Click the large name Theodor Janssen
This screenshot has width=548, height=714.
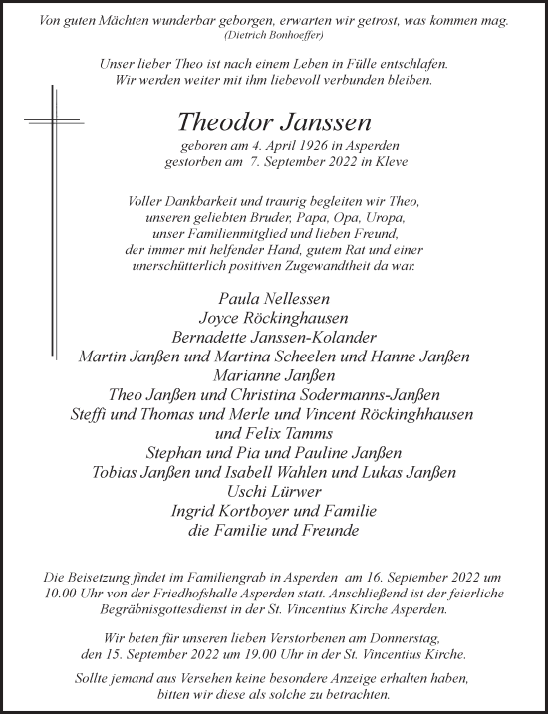click(274, 122)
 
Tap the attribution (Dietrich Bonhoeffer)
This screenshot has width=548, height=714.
click(274, 34)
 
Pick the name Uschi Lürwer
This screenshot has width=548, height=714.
click(274, 492)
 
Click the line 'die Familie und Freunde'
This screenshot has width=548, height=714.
click(274, 531)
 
